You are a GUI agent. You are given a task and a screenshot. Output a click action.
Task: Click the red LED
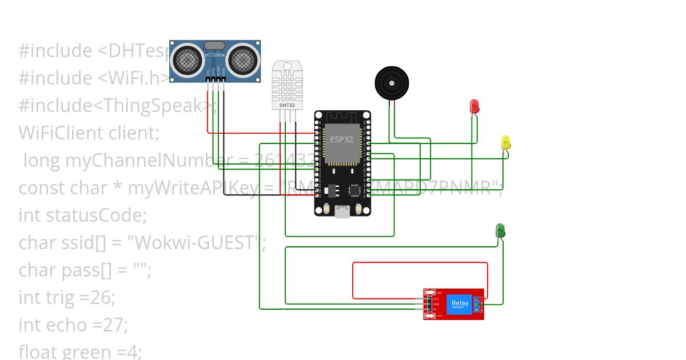(x=474, y=106)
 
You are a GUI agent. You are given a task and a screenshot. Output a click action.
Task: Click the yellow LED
(x=505, y=142)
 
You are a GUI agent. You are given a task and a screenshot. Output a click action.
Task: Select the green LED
(x=500, y=230)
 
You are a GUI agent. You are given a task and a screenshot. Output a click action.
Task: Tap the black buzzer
(x=392, y=83)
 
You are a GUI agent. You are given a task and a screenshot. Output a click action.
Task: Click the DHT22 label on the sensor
(x=286, y=105)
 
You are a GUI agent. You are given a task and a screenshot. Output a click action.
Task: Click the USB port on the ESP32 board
(x=342, y=212)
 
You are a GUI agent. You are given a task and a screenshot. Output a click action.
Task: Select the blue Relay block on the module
(x=460, y=304)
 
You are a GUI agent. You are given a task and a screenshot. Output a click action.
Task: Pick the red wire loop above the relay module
(x=420, y=263)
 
